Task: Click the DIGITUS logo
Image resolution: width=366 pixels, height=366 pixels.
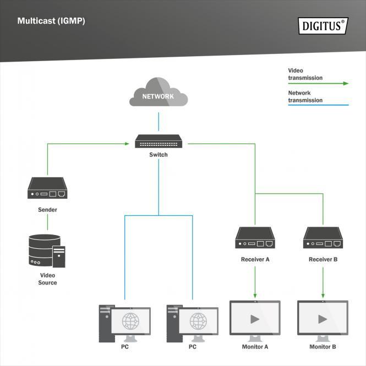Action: pyautogui.click(x=323, y=26)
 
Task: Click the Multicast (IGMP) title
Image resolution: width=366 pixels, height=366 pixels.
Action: pyautogui.click(x=51, y=21)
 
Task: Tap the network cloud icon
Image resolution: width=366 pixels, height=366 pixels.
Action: pyautogui.click(x=159, y=93)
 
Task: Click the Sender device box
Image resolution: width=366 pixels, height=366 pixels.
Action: pyautogui.click(x=47, y=188)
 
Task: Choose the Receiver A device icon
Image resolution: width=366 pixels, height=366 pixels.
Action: pyautogui.click(x=255, y=238)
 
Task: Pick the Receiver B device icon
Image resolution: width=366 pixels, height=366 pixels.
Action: pyautogui.click(x=323, y=238)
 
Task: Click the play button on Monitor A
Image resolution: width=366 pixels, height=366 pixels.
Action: pyautogui.click(x=255, y=319)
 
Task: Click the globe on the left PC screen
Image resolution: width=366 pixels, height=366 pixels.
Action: pyautogui.click(x=130, y=320)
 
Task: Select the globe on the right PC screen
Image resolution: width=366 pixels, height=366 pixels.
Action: pyautogui.click(x=198, y=320)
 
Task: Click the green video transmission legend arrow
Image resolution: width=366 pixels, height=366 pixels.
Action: pyautogui.click(x=345, y=84)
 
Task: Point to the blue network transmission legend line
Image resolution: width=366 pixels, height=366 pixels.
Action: pyautogui.click(x=318, y=105)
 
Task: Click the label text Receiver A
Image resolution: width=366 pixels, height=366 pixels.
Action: pyautogui.click(x=255, y=259)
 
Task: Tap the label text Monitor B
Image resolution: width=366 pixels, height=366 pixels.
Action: pyautogui.click(x=323, y=347)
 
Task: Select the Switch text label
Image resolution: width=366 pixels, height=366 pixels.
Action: pyautogui.click(x=159, y=155)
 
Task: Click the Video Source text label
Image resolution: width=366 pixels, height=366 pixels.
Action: pyautogui.click(x=47, y=278)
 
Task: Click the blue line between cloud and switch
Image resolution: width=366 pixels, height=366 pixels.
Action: pyautogui.click(x=159, y=122)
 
